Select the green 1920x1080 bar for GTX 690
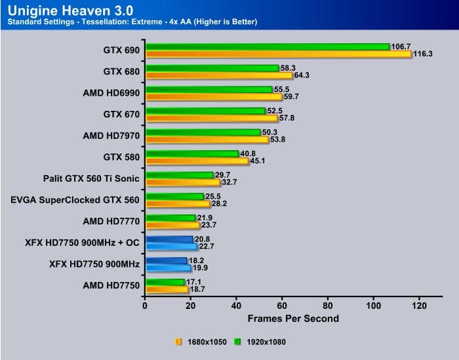coord(268,47)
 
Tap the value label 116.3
coord(424,54)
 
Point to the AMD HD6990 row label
coord(111,93)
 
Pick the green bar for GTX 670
coord(205,111)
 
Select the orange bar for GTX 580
coord(197,161)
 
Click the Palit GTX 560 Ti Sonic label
coord(92,178)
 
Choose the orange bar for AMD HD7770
coord(172,225)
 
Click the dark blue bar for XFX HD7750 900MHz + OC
coord(169,239)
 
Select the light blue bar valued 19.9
coord(168,268)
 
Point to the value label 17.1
coord(195,281)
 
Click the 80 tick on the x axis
coord(329,306)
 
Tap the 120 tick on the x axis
coord(420,306)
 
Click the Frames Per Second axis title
coord(293,319)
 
